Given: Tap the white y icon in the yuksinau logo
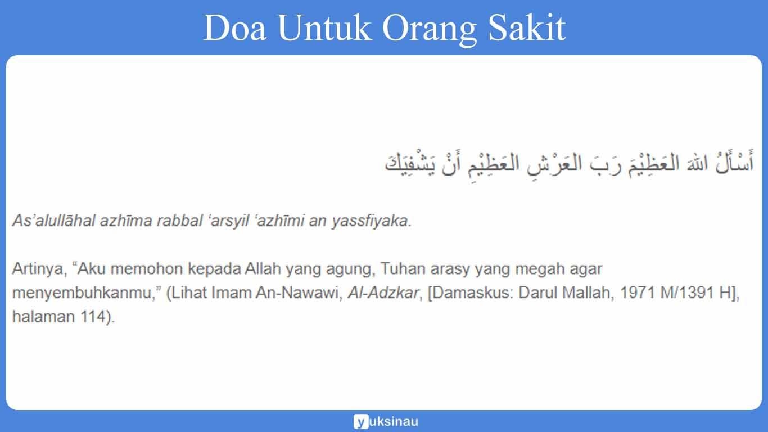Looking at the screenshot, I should pos(360,421).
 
